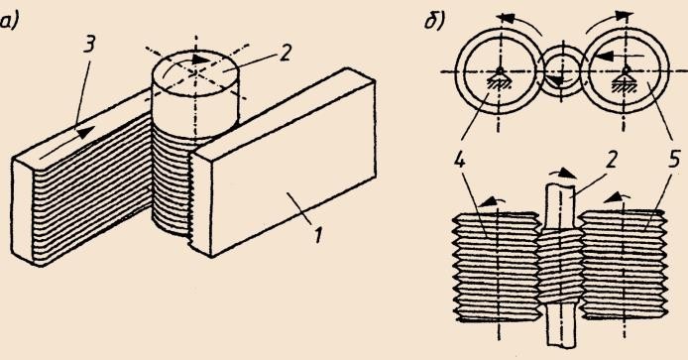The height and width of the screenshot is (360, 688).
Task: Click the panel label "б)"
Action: pos(434,21)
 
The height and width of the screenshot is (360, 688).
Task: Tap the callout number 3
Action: pos(89,45)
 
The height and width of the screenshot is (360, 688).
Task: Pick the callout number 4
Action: pos(459,160)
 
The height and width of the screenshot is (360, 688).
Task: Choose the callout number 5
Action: pos(674,160)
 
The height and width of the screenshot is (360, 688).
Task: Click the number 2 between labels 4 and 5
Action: pos(610,160)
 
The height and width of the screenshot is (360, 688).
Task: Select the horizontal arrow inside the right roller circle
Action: pos(617,56)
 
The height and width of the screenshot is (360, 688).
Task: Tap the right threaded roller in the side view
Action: pos(624,264)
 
